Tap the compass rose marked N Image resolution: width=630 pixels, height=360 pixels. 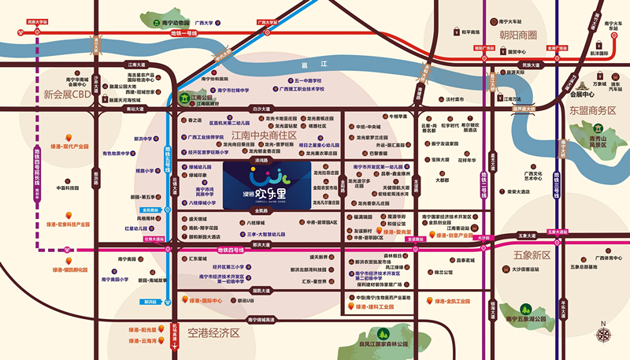(604, 334)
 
